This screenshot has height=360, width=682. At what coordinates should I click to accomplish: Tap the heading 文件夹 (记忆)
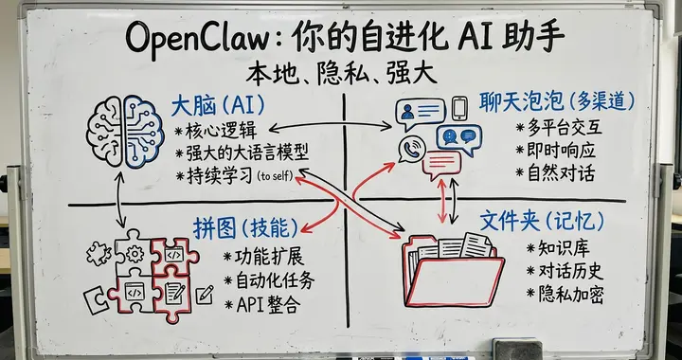click(541, 222)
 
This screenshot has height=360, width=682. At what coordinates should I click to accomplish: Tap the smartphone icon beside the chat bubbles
click(460, 107)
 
